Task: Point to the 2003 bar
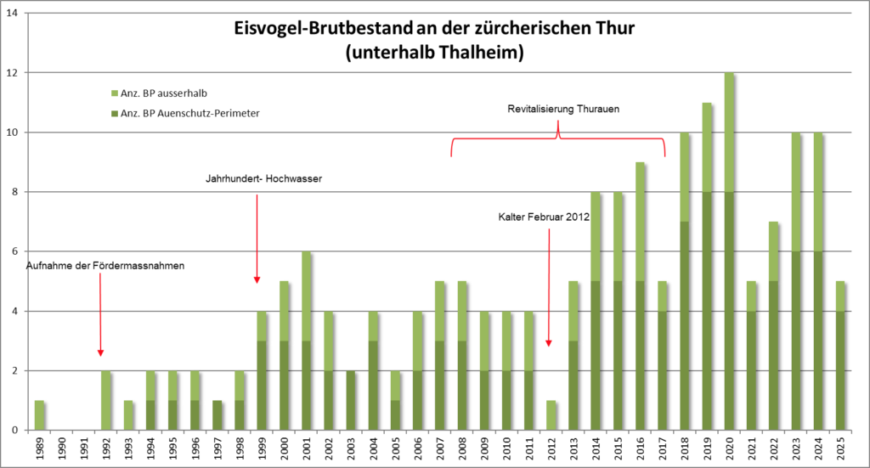point(351,400)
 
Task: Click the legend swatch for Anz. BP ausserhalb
point(116,93)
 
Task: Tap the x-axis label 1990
point(61,448)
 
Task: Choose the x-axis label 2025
point(840,448)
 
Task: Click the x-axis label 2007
point(439,448)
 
